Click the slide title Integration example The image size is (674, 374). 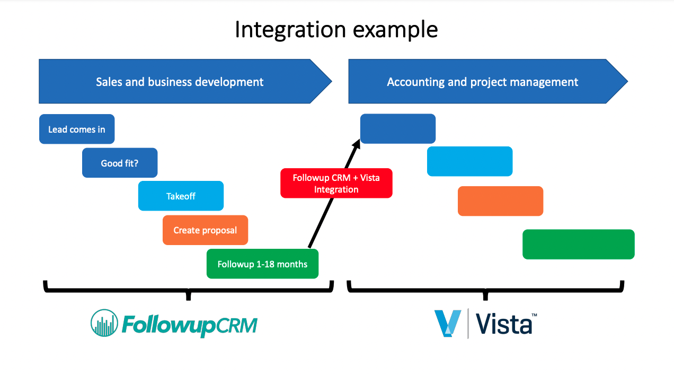tap(336, 30)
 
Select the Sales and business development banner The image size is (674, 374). tap(180, 82)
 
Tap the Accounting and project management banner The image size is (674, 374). tap(482, 82)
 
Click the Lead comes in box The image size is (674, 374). tap(77, 129)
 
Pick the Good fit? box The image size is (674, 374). tap(120, 163)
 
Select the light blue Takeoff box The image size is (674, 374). tap(181, 196)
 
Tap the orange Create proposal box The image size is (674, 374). tap(205, 230)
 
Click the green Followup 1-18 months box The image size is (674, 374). tap(262, 264)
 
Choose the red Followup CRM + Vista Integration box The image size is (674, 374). tap(336, 183)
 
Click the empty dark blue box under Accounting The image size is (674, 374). tap(397, 128)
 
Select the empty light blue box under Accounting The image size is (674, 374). tap(469, 161)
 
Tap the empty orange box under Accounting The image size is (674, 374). tap(500, 201)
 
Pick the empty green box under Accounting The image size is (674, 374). tap(578, 244)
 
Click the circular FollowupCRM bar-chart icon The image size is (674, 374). tap(104, 323)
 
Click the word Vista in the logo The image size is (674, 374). tap(503, 324)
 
